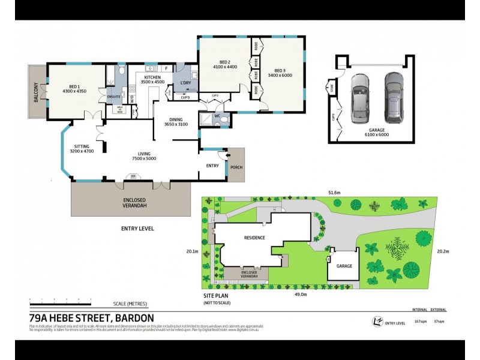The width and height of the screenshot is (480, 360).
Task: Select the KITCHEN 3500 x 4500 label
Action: [151, 79]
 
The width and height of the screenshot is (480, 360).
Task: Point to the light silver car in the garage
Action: [360, 96]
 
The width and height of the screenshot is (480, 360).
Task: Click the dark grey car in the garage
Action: [394, 96]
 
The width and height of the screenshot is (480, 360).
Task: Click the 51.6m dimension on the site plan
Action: [334, 192]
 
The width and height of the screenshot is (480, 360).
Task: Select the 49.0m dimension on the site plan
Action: [300, 294]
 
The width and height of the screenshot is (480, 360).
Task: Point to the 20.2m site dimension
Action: [443, 251]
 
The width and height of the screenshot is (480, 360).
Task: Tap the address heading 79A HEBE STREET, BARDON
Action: [91, 318]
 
